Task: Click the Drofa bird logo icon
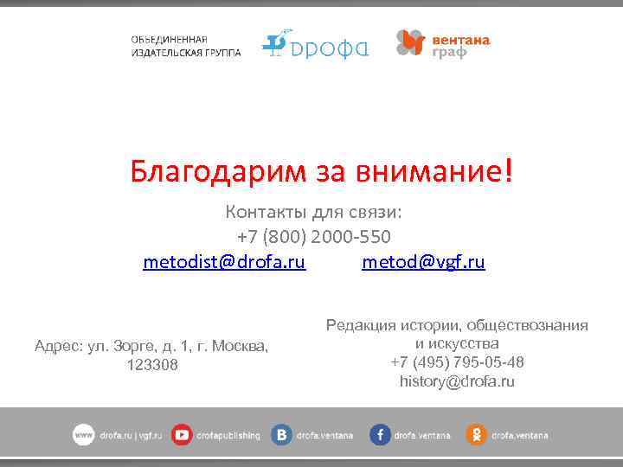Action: [274, 43]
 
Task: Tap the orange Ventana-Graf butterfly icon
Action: [410, 42]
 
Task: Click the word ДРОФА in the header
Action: [330, 48]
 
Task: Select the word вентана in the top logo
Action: [460, 40]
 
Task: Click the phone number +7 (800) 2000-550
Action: [313, 236]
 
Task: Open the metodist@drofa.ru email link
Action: [224, 261]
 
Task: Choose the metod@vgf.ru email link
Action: [423, 261]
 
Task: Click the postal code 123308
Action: [152, 365]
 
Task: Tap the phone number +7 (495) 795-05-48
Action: [457, 361]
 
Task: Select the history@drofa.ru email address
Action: [457, 381]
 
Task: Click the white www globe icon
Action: [83, 435]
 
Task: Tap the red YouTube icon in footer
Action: [182, 435]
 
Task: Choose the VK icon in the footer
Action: [281, 435]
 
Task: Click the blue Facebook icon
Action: [380, 435]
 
